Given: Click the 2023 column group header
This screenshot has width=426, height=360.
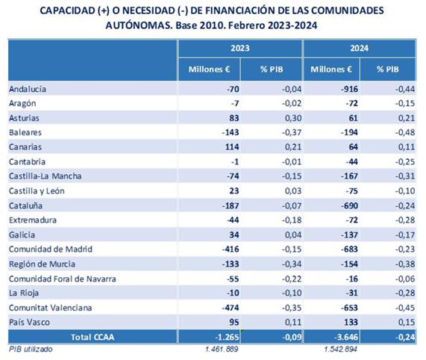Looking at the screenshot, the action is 240,48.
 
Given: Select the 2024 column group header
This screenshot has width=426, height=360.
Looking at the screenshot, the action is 359,48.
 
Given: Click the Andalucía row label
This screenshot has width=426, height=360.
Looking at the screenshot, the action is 28,89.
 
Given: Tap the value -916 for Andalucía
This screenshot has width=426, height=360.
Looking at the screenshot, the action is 349,89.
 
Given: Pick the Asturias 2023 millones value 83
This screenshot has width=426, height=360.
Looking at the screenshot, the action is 234,118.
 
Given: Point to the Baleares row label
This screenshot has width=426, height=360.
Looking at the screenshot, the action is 25,132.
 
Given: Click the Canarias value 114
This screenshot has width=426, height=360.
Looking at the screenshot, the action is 232,147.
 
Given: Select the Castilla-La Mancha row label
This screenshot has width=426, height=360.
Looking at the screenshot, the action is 45,176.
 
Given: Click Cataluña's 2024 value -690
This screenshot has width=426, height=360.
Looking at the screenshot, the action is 349,205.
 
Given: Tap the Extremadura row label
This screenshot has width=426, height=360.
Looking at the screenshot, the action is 33,220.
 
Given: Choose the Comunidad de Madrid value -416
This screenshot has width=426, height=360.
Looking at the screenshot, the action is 231,249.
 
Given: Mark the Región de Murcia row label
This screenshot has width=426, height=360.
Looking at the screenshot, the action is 42,264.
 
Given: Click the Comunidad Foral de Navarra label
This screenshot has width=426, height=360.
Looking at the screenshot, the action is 63,279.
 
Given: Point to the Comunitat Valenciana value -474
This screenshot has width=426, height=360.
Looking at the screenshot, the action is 231,308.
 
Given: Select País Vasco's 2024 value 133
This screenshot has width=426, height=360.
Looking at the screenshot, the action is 351,322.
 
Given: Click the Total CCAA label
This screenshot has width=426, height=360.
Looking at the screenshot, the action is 93,337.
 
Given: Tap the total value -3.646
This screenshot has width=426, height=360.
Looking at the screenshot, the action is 346,337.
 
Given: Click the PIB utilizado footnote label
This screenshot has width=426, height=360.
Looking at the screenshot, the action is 31,349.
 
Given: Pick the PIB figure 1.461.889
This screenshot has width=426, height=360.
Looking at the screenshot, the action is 222,349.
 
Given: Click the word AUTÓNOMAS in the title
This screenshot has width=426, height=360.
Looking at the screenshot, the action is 139,25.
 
